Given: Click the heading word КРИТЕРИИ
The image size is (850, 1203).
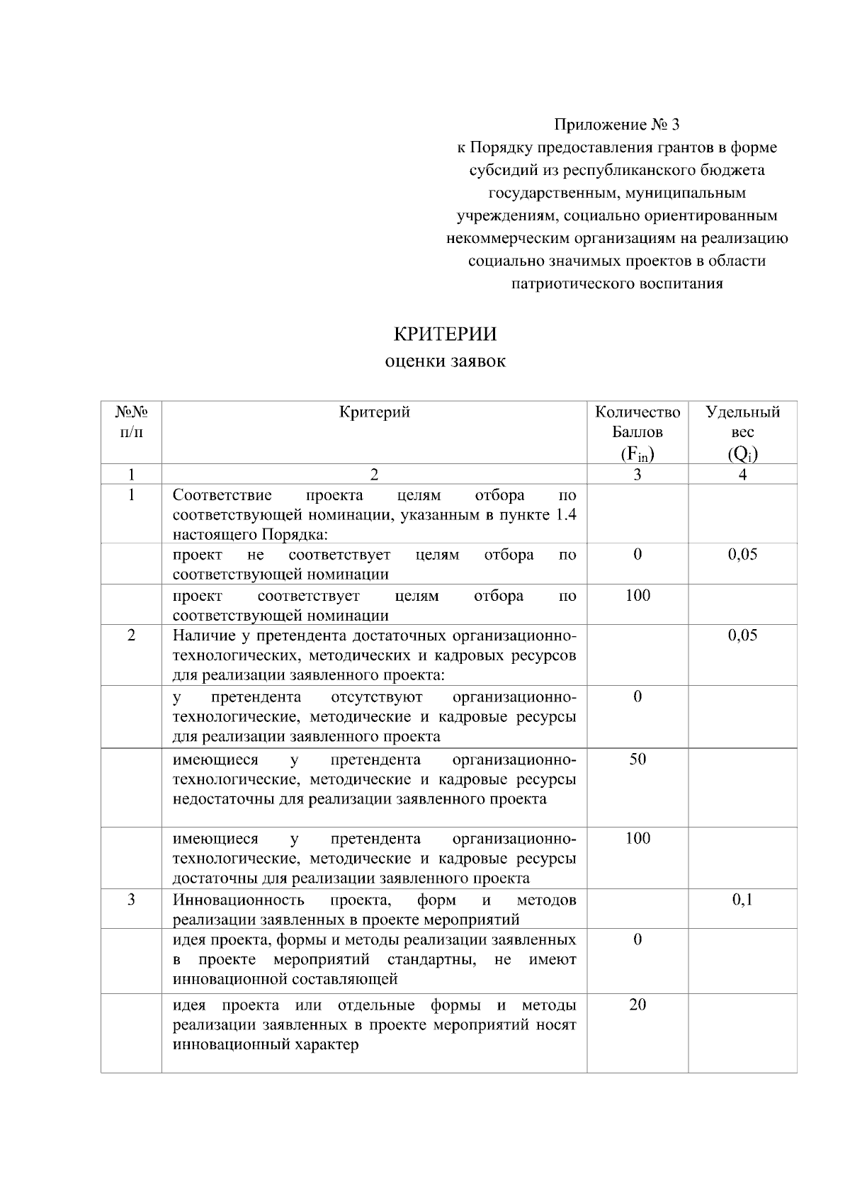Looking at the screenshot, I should tap(445, 334).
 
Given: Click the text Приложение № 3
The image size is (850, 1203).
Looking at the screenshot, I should tap(616, 125).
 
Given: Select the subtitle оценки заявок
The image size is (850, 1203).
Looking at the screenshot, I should tap(445, 361).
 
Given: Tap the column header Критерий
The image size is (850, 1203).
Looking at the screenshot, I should tap(374, 412).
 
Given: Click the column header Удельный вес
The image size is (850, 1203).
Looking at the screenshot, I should tap(742, 422).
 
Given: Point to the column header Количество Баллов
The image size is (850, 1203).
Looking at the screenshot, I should tap(637, 422).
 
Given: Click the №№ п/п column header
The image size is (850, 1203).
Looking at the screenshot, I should tap(131, 422).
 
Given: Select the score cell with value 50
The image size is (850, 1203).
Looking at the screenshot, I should tap(637, 759).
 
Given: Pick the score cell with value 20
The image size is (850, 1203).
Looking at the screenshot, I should tap(637, 1005).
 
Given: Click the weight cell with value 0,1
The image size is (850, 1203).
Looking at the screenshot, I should tap(742, 900).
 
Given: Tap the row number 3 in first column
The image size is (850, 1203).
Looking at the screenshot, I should tap(131, 900).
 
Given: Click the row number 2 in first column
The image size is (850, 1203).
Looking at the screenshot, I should tap(131, 635).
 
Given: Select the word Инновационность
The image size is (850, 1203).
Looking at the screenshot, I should tap(239, 900).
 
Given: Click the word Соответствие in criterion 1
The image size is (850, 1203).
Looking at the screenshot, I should tap(222, 495).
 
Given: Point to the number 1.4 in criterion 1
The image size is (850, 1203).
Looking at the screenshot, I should tap(565, 514).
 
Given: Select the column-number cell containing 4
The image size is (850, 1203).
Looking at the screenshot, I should tap(742, 475).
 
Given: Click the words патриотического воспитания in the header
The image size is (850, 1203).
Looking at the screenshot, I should tap(616, 284).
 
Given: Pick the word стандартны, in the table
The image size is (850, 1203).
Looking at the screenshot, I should tap(431, 959).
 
